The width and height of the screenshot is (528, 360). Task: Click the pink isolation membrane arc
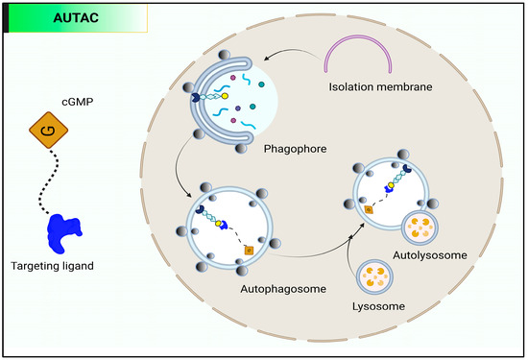point(364,57)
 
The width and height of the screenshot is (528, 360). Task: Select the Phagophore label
point(289,150)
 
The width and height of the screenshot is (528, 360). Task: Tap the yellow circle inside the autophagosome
point(219,225)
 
